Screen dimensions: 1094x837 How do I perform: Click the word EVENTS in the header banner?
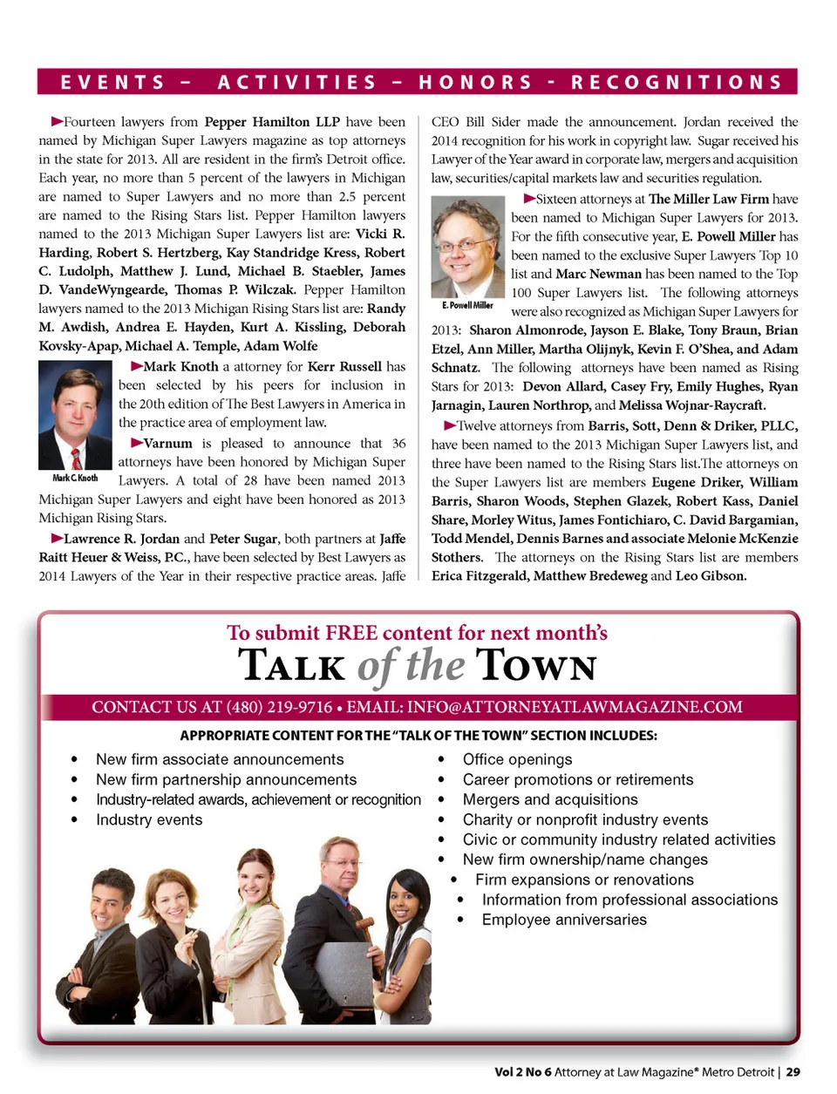(x=112, y=83)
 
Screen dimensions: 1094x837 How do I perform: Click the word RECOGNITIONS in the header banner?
(x=677, y=83)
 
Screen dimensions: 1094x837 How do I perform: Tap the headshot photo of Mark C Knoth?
(x=76, y=415)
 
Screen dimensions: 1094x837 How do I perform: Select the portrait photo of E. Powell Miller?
(x=468, y=247)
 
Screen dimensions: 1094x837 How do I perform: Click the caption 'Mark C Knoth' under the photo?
(x=76, y=478)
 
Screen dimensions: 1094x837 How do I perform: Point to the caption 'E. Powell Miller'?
(x=468, y=305)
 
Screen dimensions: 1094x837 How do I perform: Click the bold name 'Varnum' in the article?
(x=167, y=444)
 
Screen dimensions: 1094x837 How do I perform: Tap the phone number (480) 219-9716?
(x=279, y=707)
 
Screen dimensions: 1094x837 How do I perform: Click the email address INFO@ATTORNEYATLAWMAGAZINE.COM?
(x=575, y=707)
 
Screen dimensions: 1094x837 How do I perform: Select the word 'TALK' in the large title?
(x=292, y=667)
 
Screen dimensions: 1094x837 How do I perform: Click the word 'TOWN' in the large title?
(x=536, y=667)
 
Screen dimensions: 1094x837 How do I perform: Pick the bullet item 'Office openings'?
(x=517, y=759)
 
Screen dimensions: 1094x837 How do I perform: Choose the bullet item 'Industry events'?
(x=149, y=819)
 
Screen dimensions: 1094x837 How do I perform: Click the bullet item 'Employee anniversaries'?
(x=564, y=920)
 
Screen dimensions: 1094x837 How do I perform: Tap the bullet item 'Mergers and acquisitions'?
(x=550, y=799)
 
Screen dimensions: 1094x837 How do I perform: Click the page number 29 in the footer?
(x=793, y=1072)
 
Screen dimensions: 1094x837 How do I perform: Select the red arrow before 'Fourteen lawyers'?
(x=57, y=121)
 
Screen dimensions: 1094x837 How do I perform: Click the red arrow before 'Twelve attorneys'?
(x=450, y=425)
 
